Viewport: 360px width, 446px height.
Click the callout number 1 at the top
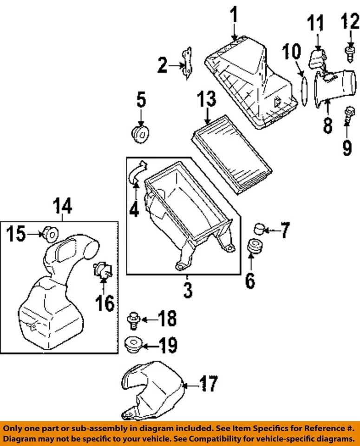pyautogui.click(x=235, y=18)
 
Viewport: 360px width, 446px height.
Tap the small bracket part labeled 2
pyautogui.click(x=188, y=63)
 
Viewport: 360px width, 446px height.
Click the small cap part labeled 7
pyautogui.click(x=259, y=228)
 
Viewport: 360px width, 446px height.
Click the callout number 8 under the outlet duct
pyautogui.click(x=328, y=125)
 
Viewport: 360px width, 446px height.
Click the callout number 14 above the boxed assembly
pyautogui.click(x=62, y=206)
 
